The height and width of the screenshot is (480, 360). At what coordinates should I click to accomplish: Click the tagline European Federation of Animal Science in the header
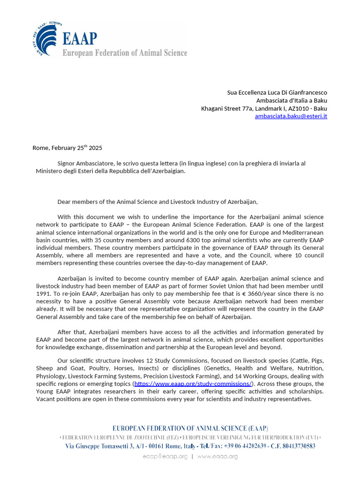(125, 53)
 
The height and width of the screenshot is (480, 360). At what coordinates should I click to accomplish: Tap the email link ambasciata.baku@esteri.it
(291, 116)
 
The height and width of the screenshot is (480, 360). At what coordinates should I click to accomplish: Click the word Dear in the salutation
(65, 202)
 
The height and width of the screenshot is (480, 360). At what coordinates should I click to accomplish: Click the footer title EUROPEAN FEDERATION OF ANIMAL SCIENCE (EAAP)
(190, 428)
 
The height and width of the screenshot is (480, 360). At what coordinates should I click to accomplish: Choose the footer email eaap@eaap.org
(165, 457)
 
